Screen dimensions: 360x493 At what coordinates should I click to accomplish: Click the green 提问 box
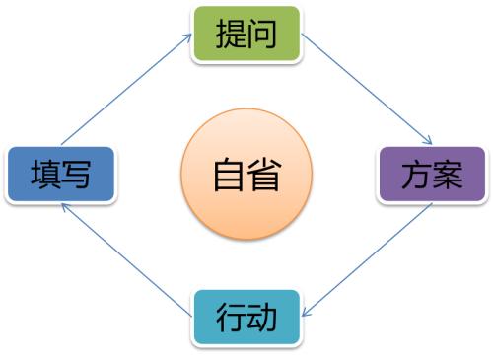click(246, 34)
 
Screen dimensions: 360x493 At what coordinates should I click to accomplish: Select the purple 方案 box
click(433, 175)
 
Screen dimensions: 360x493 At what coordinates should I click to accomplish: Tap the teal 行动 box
click(246, 318)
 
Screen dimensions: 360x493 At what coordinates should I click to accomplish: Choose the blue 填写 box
click(60, 176)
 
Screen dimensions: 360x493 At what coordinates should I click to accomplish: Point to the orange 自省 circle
click(246, 176)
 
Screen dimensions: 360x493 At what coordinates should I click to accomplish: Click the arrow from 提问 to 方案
click(368, 91)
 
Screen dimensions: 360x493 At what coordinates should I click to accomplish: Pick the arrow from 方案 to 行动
click(367, 258)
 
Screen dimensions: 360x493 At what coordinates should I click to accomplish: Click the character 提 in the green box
click(229, 35)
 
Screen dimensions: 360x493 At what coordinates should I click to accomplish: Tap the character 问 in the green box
click(262, 35)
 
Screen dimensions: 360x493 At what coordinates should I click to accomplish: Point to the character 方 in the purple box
click(416, 176)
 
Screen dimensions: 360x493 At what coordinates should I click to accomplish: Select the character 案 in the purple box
click(450, 176)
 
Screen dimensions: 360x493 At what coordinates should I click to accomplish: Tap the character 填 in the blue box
click(43, 177)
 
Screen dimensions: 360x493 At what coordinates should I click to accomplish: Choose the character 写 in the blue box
click(77, 177)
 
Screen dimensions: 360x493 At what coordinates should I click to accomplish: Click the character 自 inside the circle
click(228, 177)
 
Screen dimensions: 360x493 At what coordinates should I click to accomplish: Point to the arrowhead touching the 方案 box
click(430, 142)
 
